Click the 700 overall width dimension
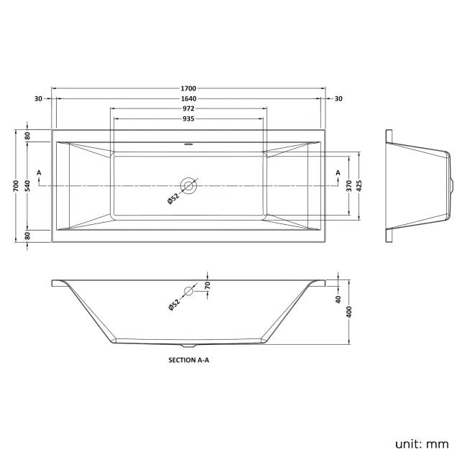pyautogui.click(x=16, y=186)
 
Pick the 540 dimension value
pyautogui.click(x=27, y=186)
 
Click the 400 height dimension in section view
pyautogui.click(x=349, y=311)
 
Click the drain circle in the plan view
pyautogui.click(x=190, y=186)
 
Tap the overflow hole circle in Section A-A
pyautogui.click(x=190, y=292)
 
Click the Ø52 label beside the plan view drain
pyautogui.click(x=172, y=200)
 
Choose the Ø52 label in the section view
pyautogui.click(x=173, y=304)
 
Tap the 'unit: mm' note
pyautogui.click(x=421, y=444)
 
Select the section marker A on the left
pyautogui.click(x=39, y=173)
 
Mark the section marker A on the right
pyautogui.click(x=338, y=173)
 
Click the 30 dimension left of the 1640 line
pyautogui.click(x=37, y=98)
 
